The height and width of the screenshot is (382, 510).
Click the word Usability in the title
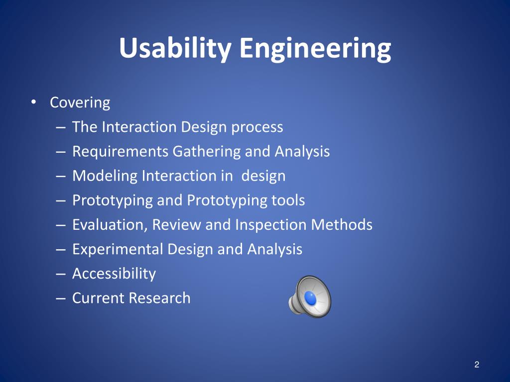[175, 48]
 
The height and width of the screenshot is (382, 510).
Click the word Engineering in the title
[315, 48]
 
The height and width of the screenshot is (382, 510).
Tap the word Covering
[80, 103]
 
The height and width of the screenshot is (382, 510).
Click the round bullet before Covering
[33, 102]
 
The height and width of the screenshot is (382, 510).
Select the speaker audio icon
[310, 296]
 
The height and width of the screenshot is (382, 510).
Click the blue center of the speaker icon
[310, 298]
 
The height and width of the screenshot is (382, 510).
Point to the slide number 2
[477, 365]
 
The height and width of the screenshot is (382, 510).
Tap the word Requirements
[120, 152]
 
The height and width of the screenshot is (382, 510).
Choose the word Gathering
[206, 152]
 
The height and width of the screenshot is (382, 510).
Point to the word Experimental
[118, 250]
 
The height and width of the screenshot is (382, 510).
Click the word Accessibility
[114, 274]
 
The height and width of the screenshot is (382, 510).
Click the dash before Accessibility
[60, 274]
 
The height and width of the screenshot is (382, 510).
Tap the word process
[257, 127]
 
